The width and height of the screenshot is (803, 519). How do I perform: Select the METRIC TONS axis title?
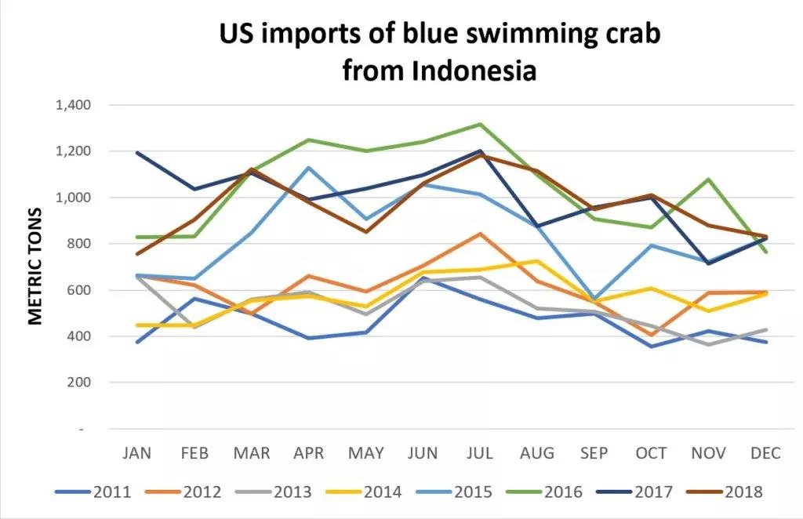(x=35, y=267)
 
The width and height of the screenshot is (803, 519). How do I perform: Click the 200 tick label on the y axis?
(x=82, y=383)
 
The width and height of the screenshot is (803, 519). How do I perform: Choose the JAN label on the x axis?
(x=137, y=454)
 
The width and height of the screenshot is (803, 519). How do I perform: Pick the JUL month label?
(x=480, y=454)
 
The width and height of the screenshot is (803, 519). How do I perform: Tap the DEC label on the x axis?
(x=765, y=454)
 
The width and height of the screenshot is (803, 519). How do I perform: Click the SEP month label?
(x=594, y=454)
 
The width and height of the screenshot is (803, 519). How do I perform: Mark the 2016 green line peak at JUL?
(x=480, y=124)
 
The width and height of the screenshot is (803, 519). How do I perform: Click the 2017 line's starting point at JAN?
(x=137, y=153)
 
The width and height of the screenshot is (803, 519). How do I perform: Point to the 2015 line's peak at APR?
(x=309, y=168)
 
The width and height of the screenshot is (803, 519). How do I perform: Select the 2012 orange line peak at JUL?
(x=480, y=234)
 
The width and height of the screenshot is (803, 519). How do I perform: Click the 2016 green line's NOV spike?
(x=709, y=180)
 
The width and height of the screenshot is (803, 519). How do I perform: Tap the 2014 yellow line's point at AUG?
(x=537, y=261)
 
